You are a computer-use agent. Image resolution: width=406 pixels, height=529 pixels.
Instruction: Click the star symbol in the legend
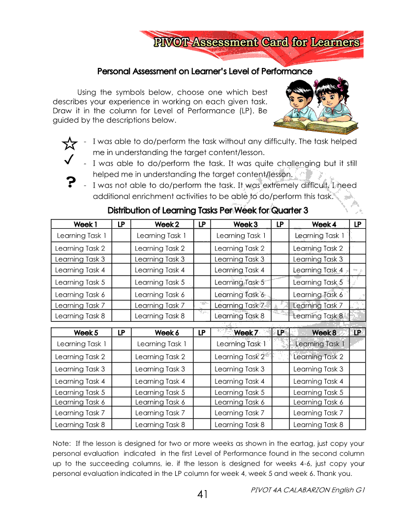click(x=70, y=144)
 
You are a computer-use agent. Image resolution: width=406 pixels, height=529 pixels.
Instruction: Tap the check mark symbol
click(x=69, y=159)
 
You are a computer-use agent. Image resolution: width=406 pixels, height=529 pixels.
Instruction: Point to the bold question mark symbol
click(x=70, y=183)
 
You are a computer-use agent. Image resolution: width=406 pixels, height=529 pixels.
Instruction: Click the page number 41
click(x=202, y=495)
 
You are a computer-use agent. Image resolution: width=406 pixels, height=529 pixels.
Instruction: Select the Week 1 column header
click(x=86, y=224)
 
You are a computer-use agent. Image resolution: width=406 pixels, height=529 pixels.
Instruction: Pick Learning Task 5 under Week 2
click(x=160, y=282)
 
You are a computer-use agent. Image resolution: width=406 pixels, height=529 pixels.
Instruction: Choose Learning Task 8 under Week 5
click(x=80, y=425)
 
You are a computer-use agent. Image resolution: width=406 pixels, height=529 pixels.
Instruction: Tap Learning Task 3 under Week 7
click(x=239, y=369)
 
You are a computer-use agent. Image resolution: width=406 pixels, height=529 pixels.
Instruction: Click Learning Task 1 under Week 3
click(x=241, y=236)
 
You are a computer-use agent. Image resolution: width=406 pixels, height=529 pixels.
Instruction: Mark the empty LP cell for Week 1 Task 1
click(x=121, y=236)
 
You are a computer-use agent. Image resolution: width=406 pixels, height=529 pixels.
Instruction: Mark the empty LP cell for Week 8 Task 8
click(x=357, y=425)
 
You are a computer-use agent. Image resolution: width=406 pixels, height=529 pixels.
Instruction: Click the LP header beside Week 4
click(x=357, y=224)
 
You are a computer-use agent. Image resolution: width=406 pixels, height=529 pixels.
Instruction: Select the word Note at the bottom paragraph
click(x=61, y=444)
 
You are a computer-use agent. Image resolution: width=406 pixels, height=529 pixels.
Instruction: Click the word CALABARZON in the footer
click(x=304, y=490)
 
